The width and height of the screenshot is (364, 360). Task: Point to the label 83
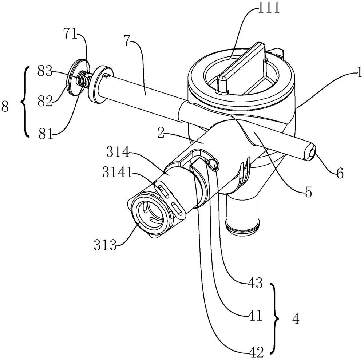tap(45, 71)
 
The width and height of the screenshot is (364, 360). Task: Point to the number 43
tap(255, 283)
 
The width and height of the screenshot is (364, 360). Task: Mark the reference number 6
tap(340, 173)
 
